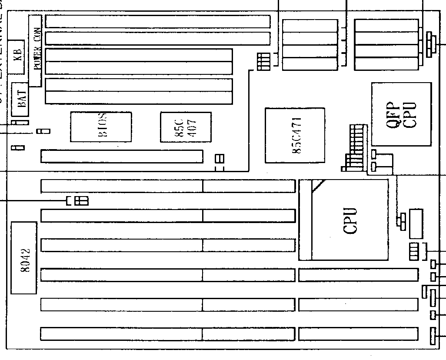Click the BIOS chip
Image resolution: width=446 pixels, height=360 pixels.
coord(101,127)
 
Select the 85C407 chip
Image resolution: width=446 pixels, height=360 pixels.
coord(186,127)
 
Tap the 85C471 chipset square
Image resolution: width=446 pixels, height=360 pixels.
coord(295,135)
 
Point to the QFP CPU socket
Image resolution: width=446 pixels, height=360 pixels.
coord(401,114)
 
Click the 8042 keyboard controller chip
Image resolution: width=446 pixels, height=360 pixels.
coord(24,257)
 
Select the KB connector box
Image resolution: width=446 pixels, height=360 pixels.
coord(18,54)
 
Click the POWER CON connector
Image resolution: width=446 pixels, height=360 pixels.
coord(35,50)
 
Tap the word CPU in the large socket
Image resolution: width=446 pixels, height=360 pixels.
coord(350,220)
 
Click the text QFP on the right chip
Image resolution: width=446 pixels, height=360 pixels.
coord(392,114)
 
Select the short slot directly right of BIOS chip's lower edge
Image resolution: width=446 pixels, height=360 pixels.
coord(122,156)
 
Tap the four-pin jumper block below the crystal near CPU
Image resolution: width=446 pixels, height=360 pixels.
coord(414,252)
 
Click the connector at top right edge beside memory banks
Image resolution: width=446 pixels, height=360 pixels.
coord(430,44)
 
